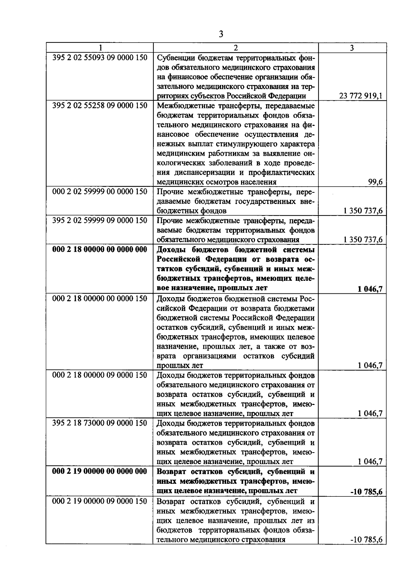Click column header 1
tap(100, 48)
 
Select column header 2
tap(236, 48)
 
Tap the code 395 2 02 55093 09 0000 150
tap(100, 57)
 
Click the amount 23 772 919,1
tap(361, 96)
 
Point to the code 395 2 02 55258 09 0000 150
tap(100, 105)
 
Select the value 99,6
tap(375, 182)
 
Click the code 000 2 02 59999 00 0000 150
tap(100, 192)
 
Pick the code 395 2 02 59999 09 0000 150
tap(100, 220)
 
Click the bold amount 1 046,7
tap(370, 289)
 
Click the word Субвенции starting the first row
tap(175, 57)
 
